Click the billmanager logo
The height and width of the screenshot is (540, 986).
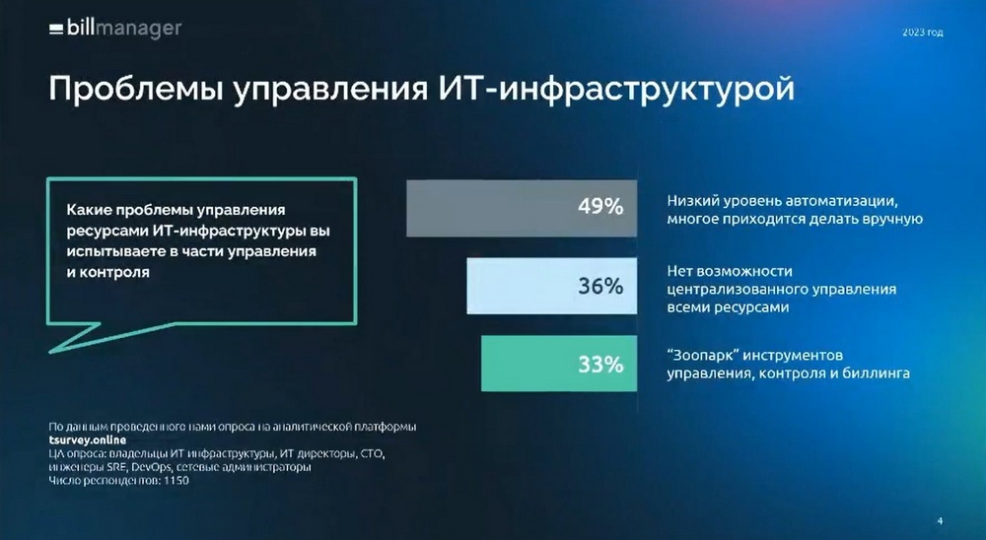[x=115, y=29]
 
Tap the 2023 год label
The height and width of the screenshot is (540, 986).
[x=923, y=33]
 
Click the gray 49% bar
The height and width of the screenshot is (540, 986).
[x=522, y=208]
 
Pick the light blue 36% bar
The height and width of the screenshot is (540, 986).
[x=551, y=286]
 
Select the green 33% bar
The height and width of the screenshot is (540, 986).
[x=559, y=364]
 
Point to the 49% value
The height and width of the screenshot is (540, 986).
[x=600, y=206]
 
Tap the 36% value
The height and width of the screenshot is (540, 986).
[x=600, y=286]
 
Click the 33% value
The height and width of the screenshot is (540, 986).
[x=600, y=364]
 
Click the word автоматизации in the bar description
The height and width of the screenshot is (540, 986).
[x=842, y=201]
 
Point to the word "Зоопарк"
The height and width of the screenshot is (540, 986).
[x=702, y=355]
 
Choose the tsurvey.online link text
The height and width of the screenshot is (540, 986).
[x=88, y=440]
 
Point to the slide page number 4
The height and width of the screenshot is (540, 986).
[x=940, y=520]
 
